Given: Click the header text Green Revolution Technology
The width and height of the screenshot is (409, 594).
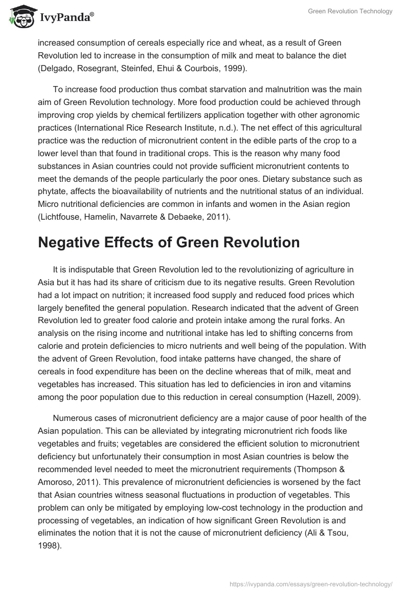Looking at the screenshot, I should [x=350, y=12].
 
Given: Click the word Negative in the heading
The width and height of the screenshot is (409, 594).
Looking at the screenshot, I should [x=74, y=242].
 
